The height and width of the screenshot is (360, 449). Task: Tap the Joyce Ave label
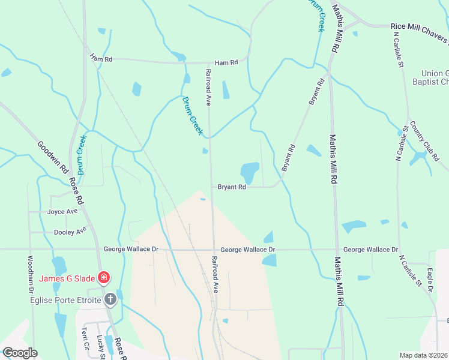[x=62, y=212]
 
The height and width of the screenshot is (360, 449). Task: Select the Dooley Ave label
[x=70, y=231]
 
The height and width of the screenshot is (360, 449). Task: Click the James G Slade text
[x=67, y=278]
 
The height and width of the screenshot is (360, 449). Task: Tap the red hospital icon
[x=104, y=277]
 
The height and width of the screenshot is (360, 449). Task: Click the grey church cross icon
[x=110, y=299]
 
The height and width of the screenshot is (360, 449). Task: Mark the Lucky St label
[x=100, y=344]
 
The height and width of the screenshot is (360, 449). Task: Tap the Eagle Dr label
[x=430, y=281]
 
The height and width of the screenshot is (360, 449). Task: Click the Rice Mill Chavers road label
[x=419, y=28]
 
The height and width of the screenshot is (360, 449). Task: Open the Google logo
[x=19, y=353]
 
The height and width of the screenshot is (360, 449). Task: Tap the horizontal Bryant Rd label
[x=232, y=187]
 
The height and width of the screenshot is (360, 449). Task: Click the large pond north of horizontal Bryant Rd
[x=250, y=172]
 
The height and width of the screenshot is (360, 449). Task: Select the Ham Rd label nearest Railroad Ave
[x=226, y=62]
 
